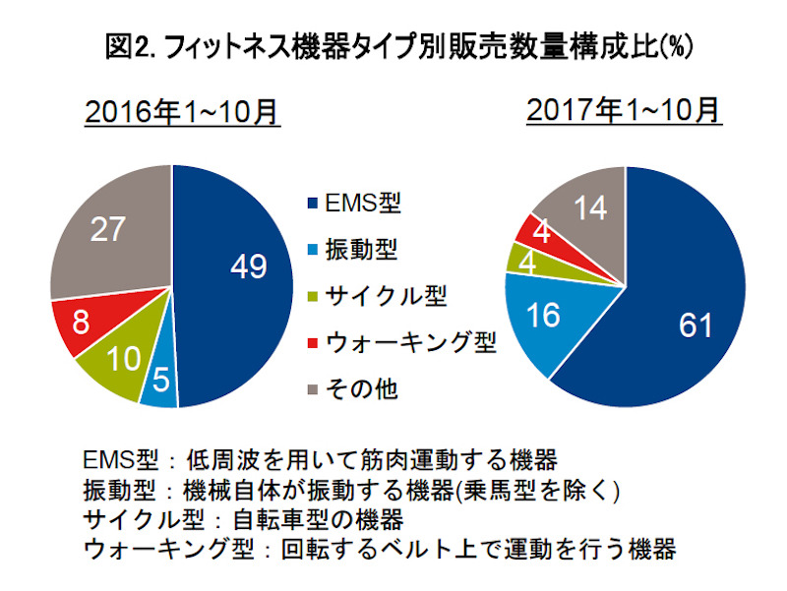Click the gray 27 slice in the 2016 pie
coord(108,231)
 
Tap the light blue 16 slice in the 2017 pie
coord(544,317)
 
